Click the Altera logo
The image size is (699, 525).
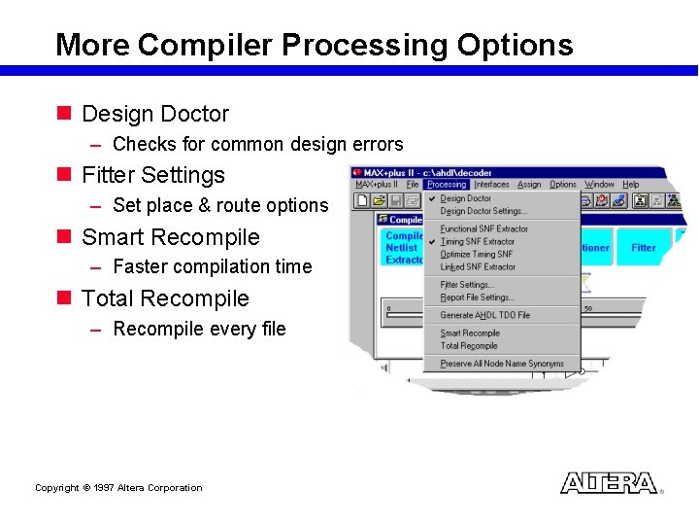click(x=609, y=483)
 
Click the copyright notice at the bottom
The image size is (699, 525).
click(x=118, y=488)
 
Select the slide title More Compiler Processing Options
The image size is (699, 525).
click(x=314, y=45)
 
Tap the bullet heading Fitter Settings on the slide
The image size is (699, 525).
click(x=153, y=176)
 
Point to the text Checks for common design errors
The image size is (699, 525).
click(x=257, y=145)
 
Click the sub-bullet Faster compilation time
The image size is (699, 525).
click(x=213, y=266)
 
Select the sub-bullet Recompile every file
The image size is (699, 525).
click(x=199, y=329)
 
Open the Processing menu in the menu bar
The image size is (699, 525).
click(x=447, y=184)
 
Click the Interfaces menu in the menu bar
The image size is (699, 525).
click(x=491, y=184)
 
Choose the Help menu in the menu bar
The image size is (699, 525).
click(x=631, y=184)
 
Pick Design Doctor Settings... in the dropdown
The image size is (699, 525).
click(x=483, y=211)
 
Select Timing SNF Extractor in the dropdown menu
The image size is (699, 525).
click(x=478, y=241)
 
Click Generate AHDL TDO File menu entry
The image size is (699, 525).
click(x=484, y=315)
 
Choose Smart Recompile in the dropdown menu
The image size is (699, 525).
click(x=470, y=333)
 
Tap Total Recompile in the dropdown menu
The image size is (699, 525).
click(x=469, y=346)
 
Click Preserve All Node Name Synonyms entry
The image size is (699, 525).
click(x=501, y=364)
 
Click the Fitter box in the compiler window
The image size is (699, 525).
click(x=644, y=248)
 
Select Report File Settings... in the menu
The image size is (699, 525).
click(x=478, y=297)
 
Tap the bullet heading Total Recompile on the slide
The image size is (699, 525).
click(x=165, y=299)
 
